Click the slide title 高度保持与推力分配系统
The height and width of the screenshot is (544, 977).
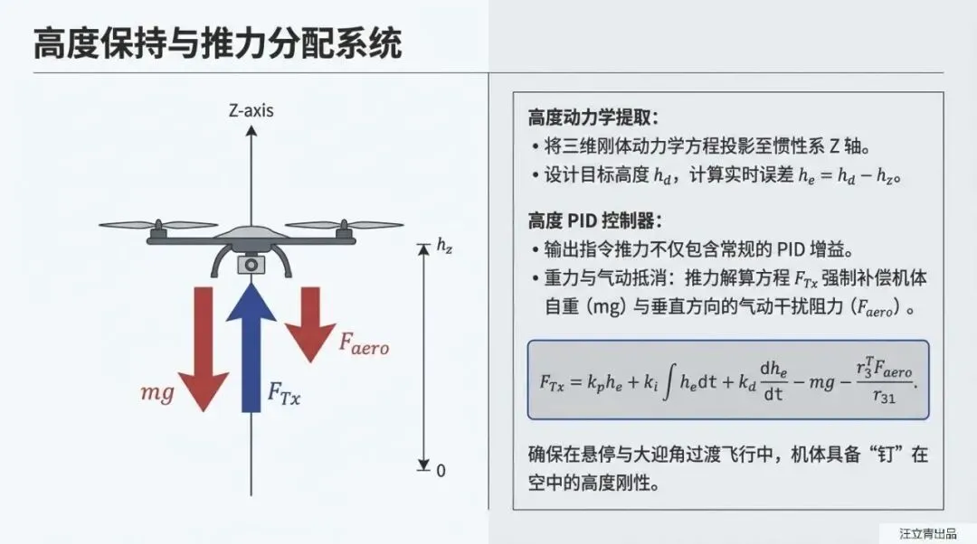218,43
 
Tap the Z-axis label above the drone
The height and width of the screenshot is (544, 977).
251,112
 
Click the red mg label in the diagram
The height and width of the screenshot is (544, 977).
157,393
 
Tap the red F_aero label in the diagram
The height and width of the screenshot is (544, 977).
364,342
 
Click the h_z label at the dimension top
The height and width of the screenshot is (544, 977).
443,246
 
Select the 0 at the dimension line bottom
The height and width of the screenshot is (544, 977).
441,470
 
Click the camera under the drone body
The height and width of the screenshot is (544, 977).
251,264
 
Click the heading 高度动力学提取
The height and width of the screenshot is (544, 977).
593,117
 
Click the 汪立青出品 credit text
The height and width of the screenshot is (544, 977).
927,532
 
